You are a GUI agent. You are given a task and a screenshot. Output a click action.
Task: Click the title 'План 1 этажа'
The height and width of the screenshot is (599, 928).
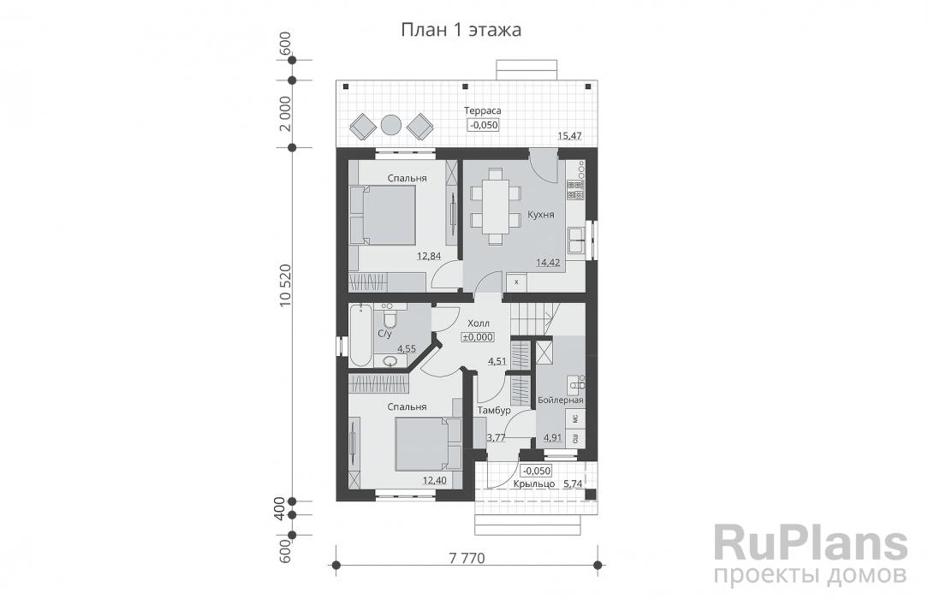(461, 30)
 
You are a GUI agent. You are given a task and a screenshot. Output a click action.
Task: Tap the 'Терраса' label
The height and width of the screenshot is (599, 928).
(482, 111)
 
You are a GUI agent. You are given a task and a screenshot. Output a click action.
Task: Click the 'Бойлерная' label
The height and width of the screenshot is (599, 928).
(561, 400)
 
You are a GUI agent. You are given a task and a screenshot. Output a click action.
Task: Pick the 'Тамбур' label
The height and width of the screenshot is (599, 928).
(496, 411)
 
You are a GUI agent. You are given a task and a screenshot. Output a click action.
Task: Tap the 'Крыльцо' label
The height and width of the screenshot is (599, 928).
(532, 484)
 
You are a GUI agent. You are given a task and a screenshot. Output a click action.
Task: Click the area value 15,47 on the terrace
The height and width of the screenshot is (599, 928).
(571, 135)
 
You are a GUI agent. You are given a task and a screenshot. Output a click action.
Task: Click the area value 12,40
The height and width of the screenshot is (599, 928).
(434, 479)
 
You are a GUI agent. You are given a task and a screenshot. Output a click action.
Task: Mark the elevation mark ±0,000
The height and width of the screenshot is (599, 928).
(478, 337)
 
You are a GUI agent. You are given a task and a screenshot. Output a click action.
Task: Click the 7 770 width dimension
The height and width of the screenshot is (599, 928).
(467, 559)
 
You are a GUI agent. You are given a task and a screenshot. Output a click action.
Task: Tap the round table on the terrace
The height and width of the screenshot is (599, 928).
(390, 125)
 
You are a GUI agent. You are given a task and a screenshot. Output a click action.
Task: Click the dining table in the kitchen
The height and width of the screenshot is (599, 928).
(495, 202)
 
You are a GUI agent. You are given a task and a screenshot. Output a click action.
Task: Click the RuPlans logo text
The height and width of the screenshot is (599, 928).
(810, 544)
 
